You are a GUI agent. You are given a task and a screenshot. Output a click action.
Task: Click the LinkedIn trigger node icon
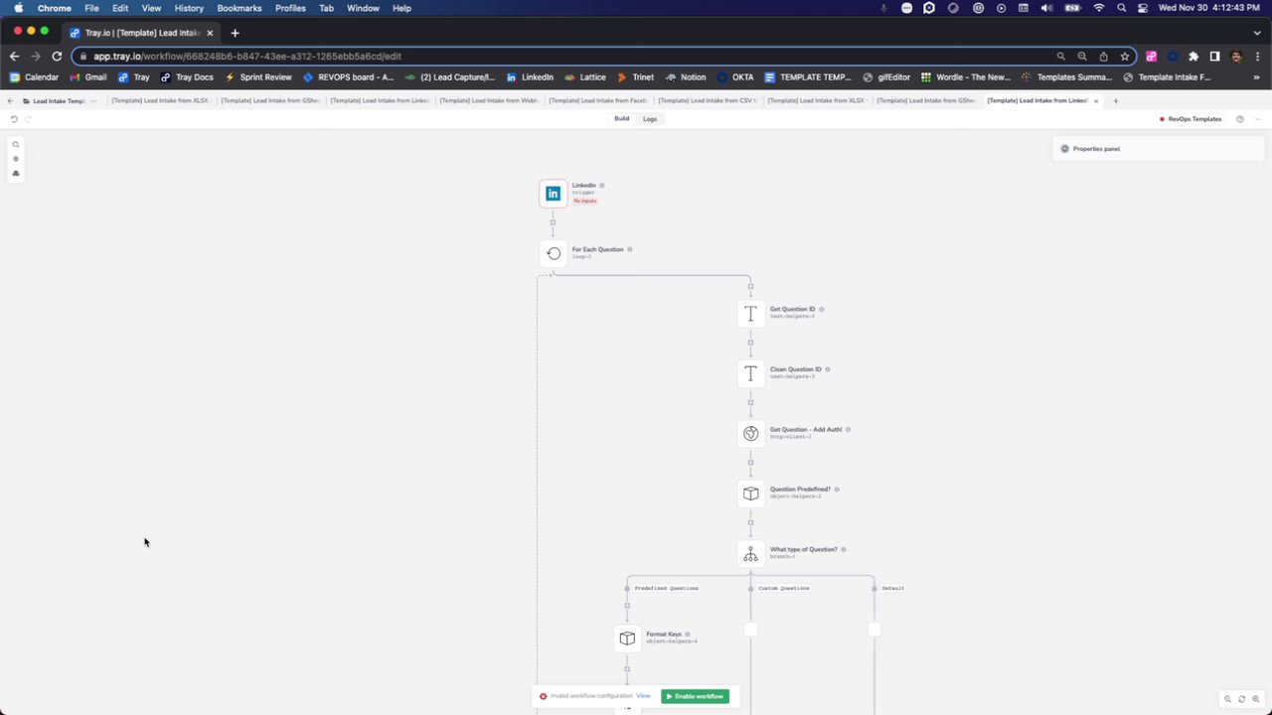click(553, 194)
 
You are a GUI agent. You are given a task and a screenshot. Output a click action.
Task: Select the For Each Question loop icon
click(554, 253)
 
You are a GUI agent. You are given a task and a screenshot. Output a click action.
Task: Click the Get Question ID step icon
click(750, 314)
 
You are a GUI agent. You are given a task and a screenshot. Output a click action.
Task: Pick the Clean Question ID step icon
click(750, 373)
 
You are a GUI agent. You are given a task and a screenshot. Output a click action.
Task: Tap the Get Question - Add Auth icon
click(750, 434)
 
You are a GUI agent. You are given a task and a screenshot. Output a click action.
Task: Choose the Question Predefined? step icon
click(750, 494)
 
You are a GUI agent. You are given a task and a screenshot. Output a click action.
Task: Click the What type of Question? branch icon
click(750, 554)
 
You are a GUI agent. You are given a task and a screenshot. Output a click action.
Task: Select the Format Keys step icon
click(627, 639)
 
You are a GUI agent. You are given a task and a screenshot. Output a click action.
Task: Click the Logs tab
click(650, 119)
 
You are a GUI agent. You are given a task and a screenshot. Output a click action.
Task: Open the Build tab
click(621, 119)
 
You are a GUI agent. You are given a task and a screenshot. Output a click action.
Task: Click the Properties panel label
click(1096, 149)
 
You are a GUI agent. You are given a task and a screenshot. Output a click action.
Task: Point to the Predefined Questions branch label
click(666, 589)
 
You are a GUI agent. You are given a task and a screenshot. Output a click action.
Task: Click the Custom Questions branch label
click(783, 589)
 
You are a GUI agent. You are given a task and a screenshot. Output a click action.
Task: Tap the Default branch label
click(892, 589)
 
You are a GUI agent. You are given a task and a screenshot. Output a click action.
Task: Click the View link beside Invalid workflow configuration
click(643, 696)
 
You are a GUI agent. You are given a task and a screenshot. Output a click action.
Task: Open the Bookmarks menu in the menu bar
click(239, 8)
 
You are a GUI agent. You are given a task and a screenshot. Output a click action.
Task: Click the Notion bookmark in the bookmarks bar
click(693, 77)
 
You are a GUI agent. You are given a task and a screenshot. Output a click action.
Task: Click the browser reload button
click(57, 57)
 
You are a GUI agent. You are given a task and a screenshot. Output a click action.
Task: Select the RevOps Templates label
click(1193, 119)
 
